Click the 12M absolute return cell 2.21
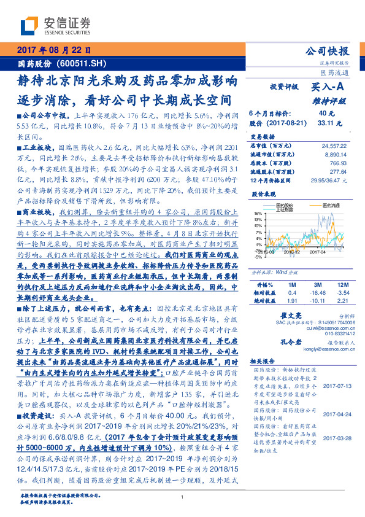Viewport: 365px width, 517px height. (342, 284)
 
